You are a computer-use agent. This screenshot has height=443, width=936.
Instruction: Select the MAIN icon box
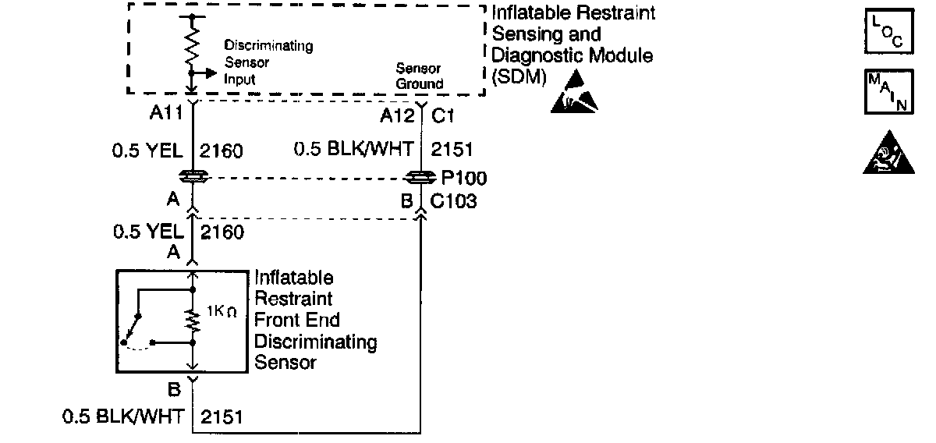point(887,94)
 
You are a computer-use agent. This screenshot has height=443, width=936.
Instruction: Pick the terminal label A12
point(396,116)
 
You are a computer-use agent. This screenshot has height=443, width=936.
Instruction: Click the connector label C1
point(445,116)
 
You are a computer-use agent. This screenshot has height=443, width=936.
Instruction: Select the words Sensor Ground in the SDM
point(419,77)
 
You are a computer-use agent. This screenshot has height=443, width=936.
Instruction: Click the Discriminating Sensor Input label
point(268,62)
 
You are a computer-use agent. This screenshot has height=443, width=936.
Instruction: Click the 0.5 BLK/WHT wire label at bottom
point(126,417)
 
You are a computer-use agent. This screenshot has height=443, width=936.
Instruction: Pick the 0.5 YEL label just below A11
point(148,150)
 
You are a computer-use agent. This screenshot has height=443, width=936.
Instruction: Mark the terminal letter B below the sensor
point(174,388)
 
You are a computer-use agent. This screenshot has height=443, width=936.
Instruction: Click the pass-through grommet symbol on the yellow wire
point(192,177)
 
